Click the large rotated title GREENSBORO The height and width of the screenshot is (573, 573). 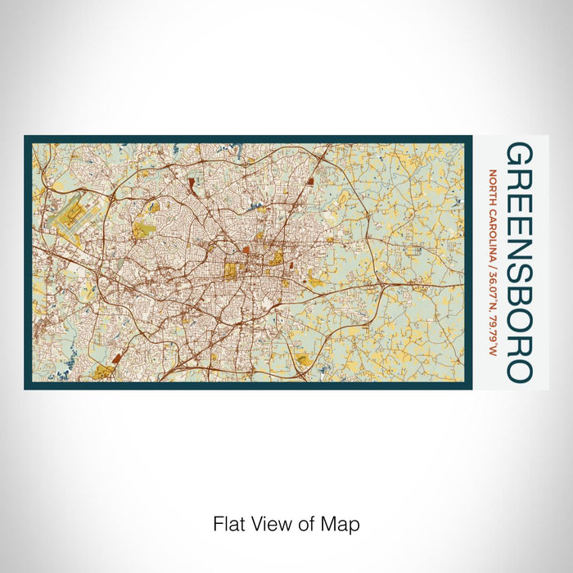point(520,262)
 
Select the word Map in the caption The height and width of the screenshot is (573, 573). point(342,523)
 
